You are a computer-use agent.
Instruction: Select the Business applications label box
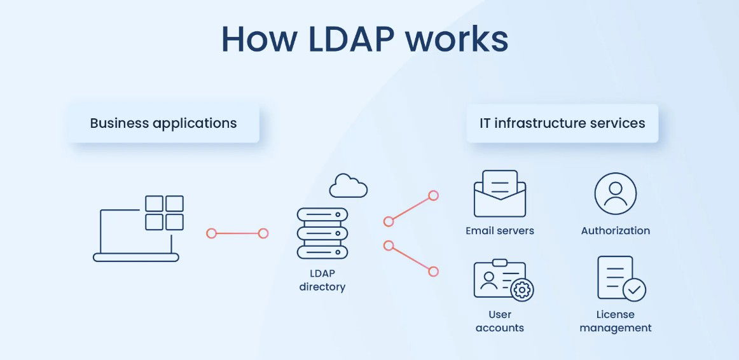pos(163,123)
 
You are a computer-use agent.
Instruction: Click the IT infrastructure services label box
pos(562,123)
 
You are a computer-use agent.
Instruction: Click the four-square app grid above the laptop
pos(164,212)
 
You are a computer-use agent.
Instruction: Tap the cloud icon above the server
pos(348,186)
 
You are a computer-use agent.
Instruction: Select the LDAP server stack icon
pos(322,233)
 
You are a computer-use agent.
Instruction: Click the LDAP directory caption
pos(322,280)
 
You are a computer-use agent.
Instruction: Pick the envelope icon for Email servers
pos(499,194)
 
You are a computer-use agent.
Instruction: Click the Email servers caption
pos(499,231)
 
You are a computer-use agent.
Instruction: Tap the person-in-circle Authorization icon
pos(615,193)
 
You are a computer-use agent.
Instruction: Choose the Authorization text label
pos(615,231)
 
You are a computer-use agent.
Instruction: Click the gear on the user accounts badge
pos(522,290)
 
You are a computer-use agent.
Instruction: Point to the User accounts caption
pos(499,321)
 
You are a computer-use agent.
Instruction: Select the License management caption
pos(615,321)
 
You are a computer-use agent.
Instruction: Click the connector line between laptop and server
pos(237,233)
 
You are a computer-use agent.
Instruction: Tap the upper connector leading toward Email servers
pos(411,209)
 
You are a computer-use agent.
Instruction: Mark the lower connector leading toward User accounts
pos(411,258)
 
